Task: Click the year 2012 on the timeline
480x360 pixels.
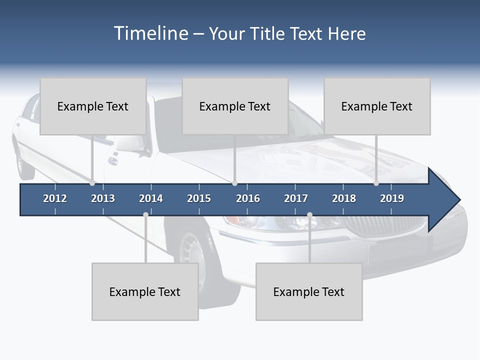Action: point(55,198)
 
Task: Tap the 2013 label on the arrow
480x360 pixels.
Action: point(103,198)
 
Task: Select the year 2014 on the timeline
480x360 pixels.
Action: point(151,198)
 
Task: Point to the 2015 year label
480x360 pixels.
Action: point(199,198)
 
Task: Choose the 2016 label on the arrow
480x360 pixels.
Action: point(248,198)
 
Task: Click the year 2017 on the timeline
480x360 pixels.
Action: point(296,198)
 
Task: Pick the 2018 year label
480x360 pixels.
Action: point(344,198)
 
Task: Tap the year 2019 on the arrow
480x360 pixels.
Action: point(392,198)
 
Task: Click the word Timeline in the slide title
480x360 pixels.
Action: point(150,33)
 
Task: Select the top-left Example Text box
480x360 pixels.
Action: point(93,106)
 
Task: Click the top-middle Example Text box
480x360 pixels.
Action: point(235,106)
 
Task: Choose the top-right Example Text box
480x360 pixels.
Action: point(377,106)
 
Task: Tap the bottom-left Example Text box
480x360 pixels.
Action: point(145,291)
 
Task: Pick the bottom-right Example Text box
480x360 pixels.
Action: point(309,291)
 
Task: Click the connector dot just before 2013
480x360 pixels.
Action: point(92,183)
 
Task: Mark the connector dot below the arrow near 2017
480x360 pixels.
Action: point(309,215)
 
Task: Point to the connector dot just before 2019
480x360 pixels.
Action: point(376,183)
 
